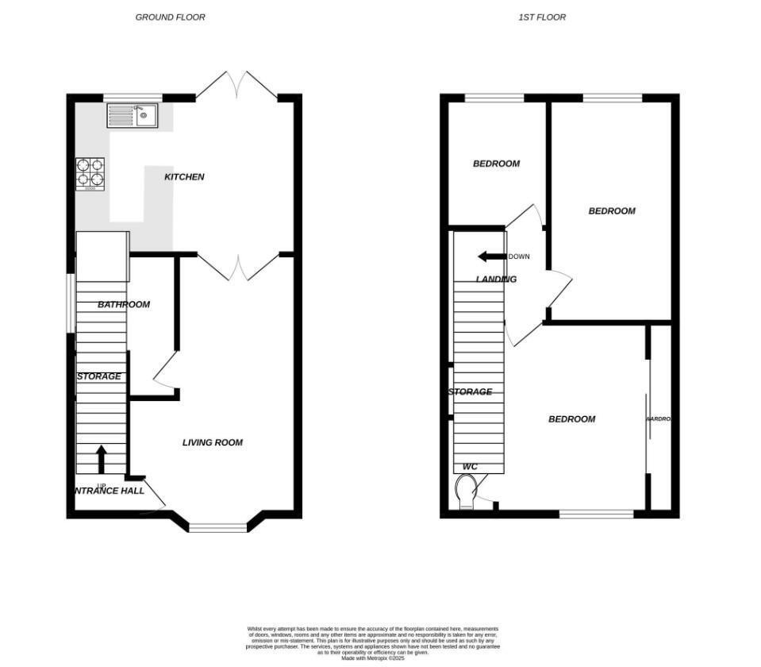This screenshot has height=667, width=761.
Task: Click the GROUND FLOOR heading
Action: click(170, 17)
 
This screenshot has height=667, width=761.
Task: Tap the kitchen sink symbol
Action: click(133, 116)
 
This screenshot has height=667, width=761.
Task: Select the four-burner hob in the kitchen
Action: click(90, 174)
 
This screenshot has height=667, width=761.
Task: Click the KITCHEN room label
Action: click(184, 177)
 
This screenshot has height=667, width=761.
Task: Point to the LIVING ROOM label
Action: click(213, 442)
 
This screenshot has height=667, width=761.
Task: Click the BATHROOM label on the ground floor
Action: click(124, 304)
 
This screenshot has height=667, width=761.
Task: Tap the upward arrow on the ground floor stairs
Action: click(101, 458)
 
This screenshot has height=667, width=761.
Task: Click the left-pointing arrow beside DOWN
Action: click(492, 256)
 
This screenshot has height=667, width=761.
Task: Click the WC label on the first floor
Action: click(470, 467)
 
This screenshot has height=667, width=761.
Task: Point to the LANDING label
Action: click(496, 280)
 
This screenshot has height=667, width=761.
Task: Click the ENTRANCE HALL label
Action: click(109, 491)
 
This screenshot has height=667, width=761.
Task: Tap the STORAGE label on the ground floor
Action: click(99, 376)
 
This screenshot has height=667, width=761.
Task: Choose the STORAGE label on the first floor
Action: click(470, 391)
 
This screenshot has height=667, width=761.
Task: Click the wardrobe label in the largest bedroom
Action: click(659, 418)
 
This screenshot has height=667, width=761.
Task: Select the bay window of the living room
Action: click(218, 526)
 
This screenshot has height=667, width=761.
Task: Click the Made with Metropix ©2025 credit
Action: click(373, 657)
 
